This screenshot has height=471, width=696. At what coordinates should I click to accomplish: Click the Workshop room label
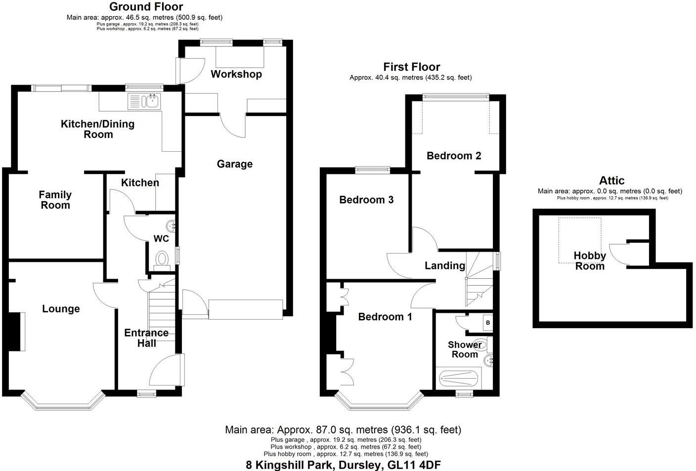pos(236,74)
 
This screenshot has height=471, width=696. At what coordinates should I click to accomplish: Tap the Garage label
pos(234,164)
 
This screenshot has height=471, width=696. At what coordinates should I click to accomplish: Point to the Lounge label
pos(61,309)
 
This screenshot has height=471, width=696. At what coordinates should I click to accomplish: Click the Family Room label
pos(55,200)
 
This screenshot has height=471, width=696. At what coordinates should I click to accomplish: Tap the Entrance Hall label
pos(146,338)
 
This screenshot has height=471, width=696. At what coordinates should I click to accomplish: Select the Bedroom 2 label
pos(454,156)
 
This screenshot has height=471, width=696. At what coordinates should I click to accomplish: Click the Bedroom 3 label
pos(366,200)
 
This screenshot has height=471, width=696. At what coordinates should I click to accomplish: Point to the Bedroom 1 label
pos(385,316)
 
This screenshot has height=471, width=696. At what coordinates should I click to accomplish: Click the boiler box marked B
pos(488,323)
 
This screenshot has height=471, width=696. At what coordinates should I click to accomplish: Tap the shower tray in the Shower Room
pos(458,379)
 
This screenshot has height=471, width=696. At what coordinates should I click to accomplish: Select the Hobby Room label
pos(590,260)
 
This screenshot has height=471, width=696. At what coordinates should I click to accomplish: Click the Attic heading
pos(611,180)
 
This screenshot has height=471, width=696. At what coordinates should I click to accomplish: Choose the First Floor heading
pos(411,67)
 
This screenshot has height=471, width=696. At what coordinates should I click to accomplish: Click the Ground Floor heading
pos(146,6)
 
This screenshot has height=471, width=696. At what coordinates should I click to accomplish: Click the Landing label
pos(445,266)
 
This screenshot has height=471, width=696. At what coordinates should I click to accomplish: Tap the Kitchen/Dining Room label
pos(97,129)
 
